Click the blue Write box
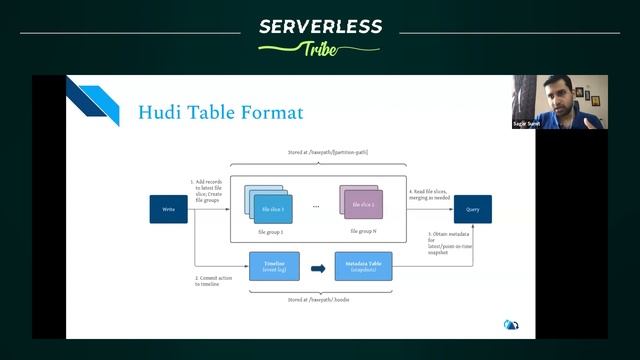pyautogui.click(x=169, y=209)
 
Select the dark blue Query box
pyautogui.click(x=472, y=209)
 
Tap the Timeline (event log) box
pyautogui.click(x=274, y=267)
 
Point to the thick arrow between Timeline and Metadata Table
pyautogui.click(x=318, y=268)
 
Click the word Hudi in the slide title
pyautogui.click(x=160, y=112)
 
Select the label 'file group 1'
pyautogui.click(x=270, y=231)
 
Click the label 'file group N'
pyautogui.click(x=363, y=231)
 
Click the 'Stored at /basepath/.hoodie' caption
pyautogui.click(x=319, y=299)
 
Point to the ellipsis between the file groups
pyautogui.click(x=316, y=207)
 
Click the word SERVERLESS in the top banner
pyautogui.click(x=319, y=27)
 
